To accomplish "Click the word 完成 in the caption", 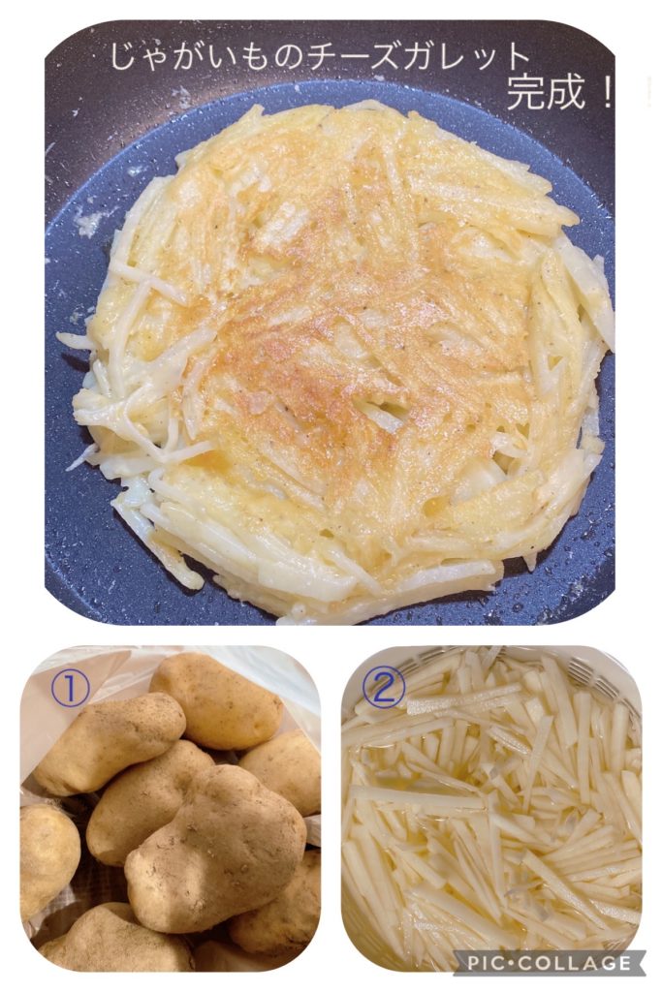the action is (546, 95).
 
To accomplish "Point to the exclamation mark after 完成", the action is (605, 95).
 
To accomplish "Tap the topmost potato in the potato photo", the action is (215, 699).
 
